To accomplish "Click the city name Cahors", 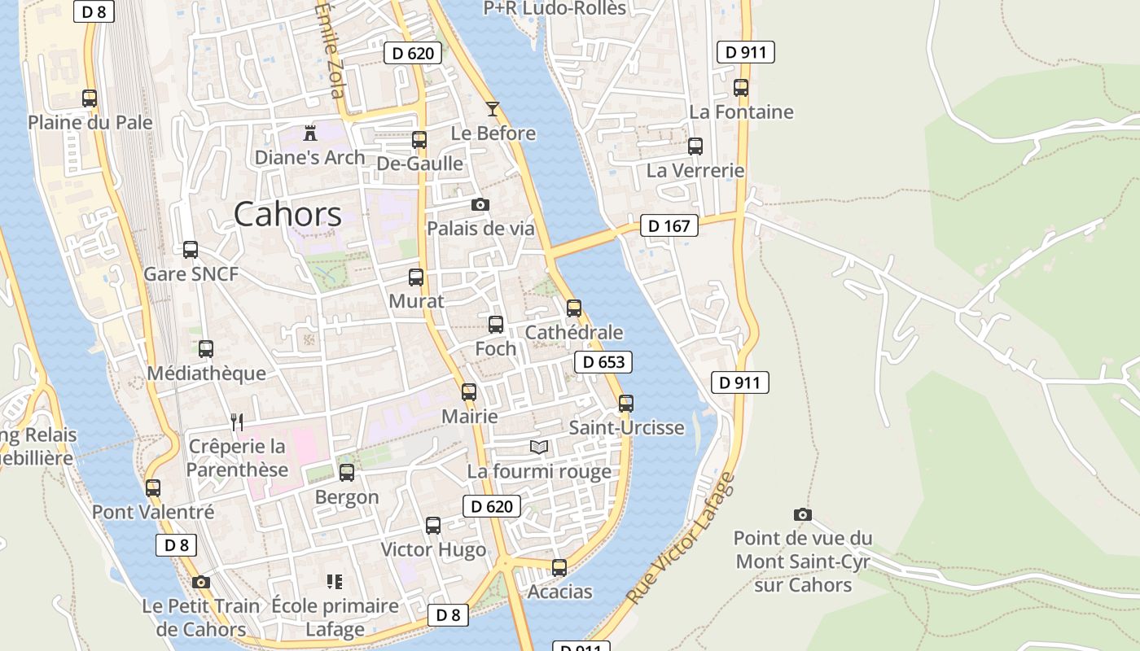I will (x=287, y=214).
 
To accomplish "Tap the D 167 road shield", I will (x=669, y=225).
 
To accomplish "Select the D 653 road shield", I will (x=603, y=362).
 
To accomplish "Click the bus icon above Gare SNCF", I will (x=191, y=250).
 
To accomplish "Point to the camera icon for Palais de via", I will (x=480, y=204).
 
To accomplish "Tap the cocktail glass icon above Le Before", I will (x=492, y=108).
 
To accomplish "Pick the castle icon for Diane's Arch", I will (x=309, y=132).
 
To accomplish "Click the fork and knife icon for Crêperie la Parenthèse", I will (x=237, y=422).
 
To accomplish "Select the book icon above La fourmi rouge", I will (x=538, y=447).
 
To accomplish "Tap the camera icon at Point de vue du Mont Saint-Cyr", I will (x=802, y=514).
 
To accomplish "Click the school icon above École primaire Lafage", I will (x=334, y=581).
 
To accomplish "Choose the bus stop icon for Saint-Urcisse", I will (x=625, y=404).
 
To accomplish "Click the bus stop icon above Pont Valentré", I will (x=153, y=488).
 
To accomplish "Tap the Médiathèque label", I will (x=206, y=374).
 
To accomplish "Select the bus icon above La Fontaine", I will (x=740, y=88).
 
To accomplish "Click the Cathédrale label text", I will (x=573, y=332).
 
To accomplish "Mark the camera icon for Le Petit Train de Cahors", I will (x=200, y=582).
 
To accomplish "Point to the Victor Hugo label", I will (x=433, y=549).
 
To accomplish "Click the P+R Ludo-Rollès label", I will (x=555, y=8).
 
